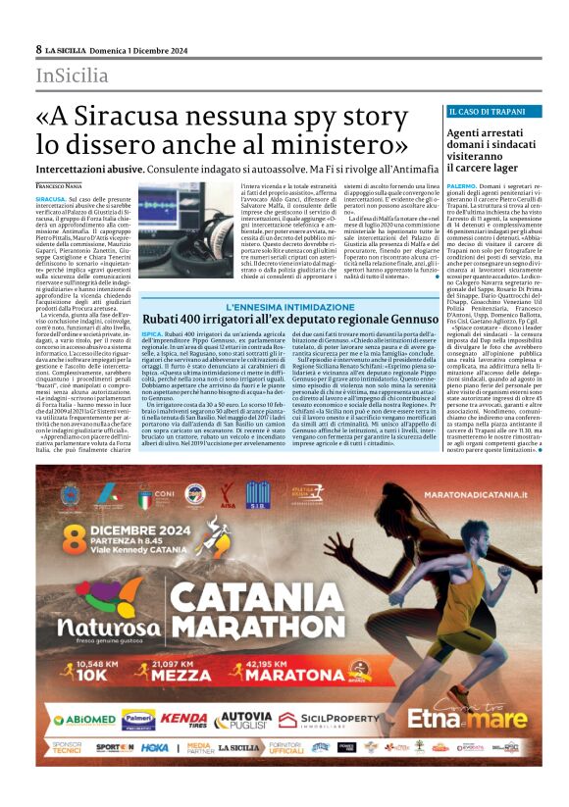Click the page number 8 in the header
(x=39, y=49)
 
